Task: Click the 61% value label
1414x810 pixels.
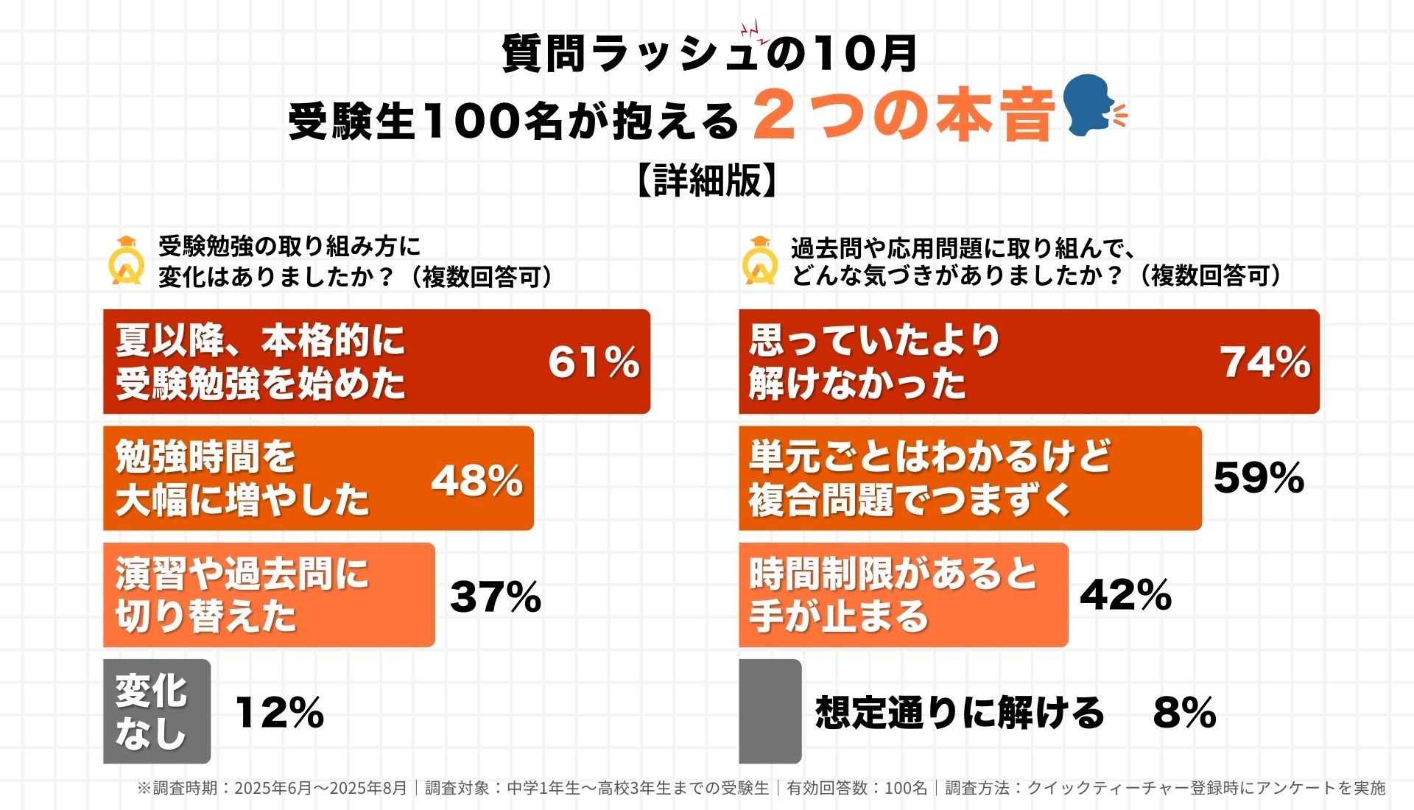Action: pyautogui.click(x=594, y=362)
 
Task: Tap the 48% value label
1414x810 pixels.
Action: pyautogui.click(x=477, y=480)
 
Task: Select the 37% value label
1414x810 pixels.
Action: pyautogui.click(x=496, y=596)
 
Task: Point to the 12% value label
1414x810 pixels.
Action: pyautogui.click(x=280, y=712)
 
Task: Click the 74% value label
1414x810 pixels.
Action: pyautogui.click(x=1265, y=362)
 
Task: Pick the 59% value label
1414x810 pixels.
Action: pyautogui.click(x=1259, y=478)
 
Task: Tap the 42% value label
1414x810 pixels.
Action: pyautogui.click(x=1125, y=595)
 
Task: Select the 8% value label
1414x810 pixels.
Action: pyautogui.click(x=1184, y=712)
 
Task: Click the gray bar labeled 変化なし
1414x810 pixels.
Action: pyautogui.click(x=156, y=711)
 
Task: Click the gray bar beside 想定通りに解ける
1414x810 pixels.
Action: pyautogui.click(x=770, y=711)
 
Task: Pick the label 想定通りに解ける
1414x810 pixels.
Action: pyautogui.click(x=960, y=712)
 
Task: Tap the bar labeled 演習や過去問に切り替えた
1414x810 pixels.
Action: pyautogui.click(x=269, y=595)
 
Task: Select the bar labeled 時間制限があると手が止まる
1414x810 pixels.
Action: pyautogui.click(x=903, y=595)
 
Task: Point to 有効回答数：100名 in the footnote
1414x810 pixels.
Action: pyautogui.click(x=857, y=789)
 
